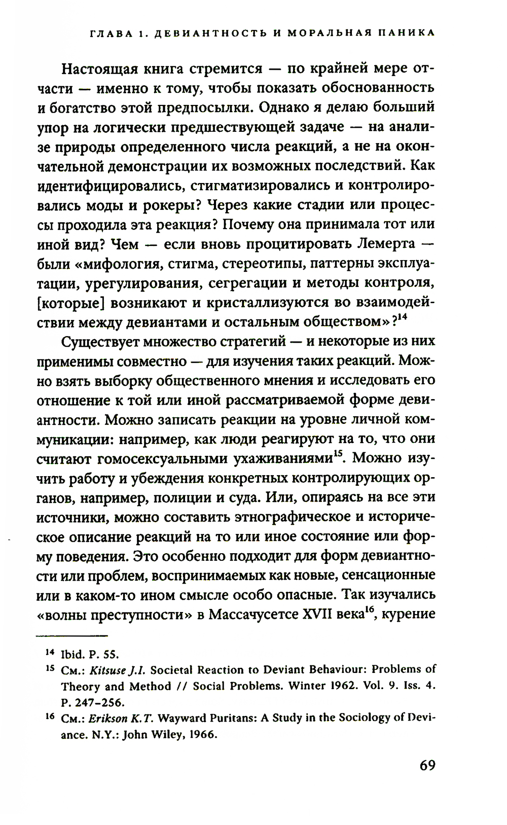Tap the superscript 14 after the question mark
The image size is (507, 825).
(403, 318)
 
